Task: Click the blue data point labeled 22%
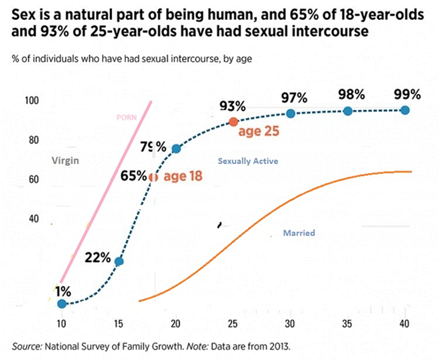119,261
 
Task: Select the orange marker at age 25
233,121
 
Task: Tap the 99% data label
407,94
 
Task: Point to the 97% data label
293,97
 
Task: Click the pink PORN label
127,119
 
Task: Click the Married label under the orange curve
299,233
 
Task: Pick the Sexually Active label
248,161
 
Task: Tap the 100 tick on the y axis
33,101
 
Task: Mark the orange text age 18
182,177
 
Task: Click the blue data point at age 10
61,304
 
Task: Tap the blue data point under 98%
347,111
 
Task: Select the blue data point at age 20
177,149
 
